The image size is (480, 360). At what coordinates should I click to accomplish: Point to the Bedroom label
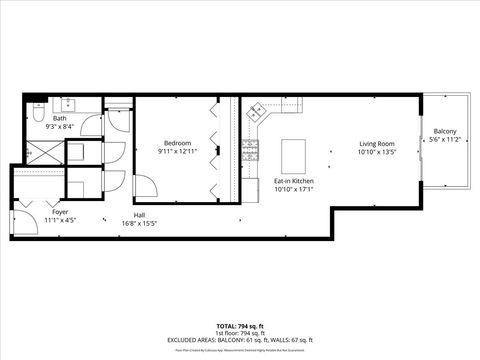176,142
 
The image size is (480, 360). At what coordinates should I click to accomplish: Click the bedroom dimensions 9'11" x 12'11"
176,150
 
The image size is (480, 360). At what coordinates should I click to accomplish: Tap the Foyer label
59,213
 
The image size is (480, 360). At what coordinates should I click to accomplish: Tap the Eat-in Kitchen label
294,181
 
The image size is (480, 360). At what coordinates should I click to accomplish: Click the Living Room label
378,143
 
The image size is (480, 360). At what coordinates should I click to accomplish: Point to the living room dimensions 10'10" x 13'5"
378,151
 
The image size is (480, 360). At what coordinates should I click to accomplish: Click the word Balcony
445,132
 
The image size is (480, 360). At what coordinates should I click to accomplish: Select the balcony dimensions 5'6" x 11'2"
445,140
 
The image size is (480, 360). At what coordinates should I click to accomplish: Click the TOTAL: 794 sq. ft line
240,326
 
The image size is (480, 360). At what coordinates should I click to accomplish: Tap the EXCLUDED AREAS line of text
240,340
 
